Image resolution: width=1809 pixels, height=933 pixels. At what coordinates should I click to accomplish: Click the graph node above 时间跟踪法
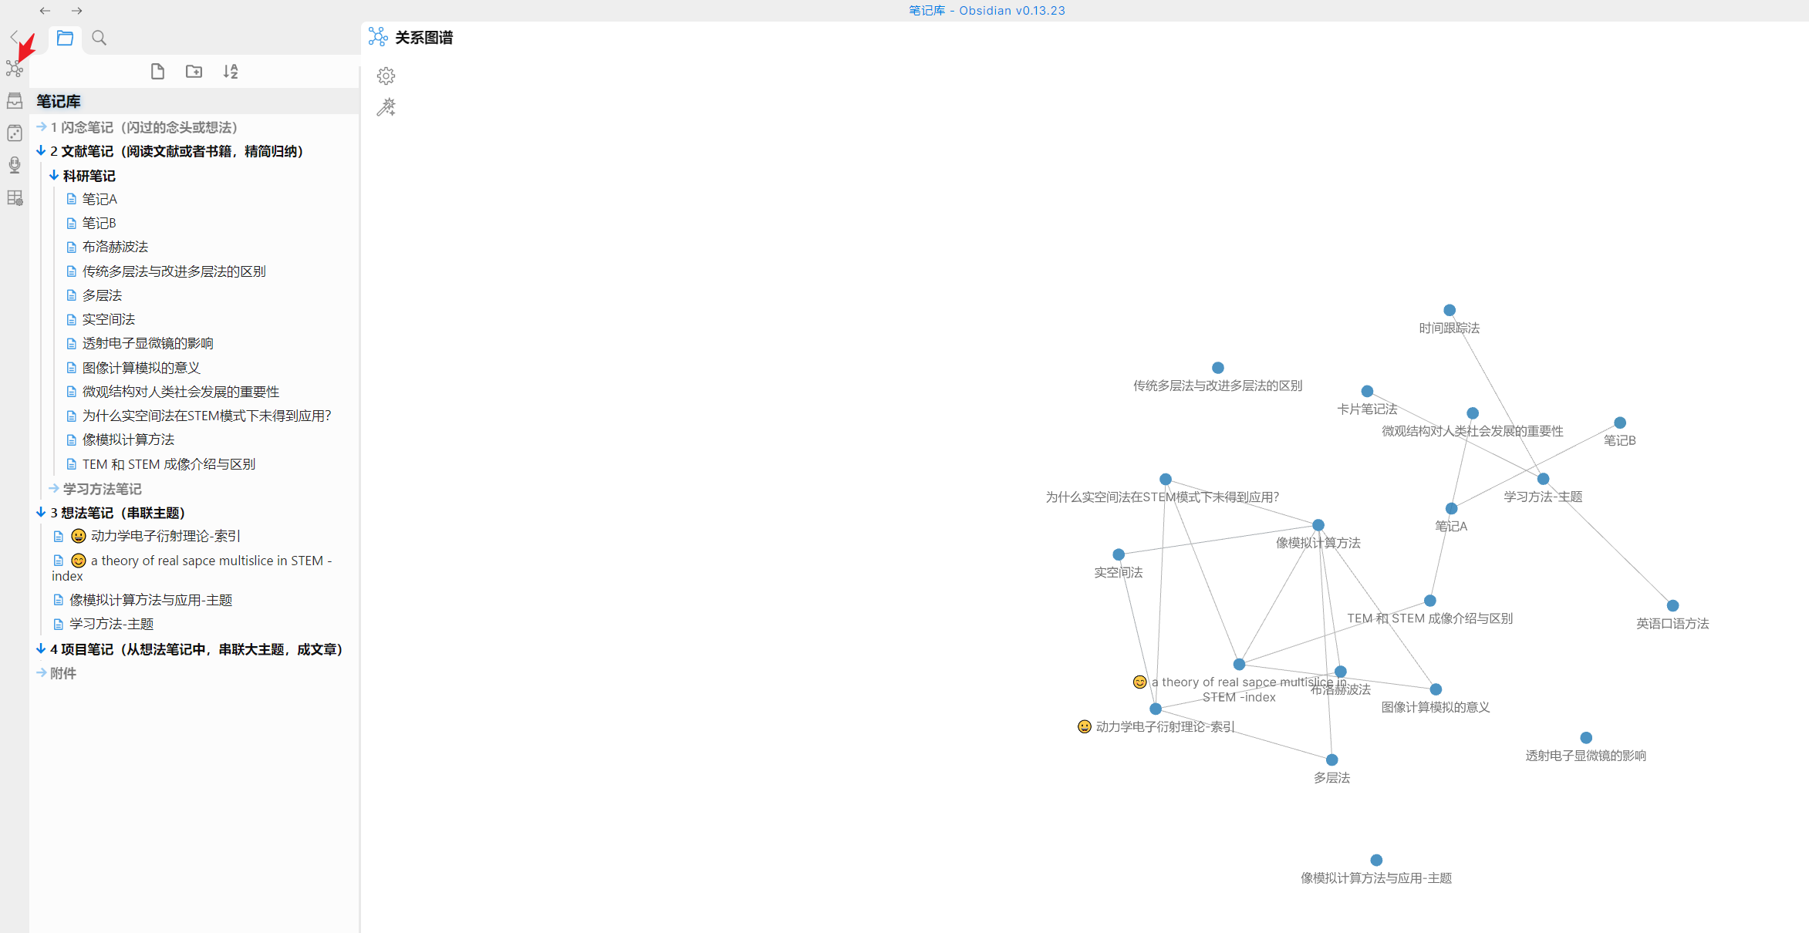[1450, 310]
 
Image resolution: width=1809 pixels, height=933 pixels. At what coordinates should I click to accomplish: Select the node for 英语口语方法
[1672, 606]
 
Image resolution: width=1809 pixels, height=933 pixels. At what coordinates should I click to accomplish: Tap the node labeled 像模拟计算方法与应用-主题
[1376, 860]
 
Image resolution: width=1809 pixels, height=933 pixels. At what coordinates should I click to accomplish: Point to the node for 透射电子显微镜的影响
[1586, 738]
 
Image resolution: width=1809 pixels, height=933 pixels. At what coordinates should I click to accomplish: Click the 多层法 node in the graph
[1331, 760]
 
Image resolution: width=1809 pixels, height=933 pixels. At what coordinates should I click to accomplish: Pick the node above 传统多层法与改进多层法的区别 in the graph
[1217, 368]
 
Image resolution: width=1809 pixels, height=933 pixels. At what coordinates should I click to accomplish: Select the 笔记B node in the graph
[1620, 423]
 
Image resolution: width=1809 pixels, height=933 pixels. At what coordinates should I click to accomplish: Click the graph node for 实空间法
[1119, 554]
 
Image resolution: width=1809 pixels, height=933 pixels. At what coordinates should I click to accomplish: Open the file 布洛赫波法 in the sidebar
[115, 247]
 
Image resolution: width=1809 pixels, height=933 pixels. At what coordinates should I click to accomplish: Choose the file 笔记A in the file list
[100, 199]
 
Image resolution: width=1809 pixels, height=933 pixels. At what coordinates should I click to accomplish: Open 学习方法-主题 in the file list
[111, 624]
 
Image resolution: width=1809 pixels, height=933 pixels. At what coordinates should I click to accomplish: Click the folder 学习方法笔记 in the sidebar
[102, 489]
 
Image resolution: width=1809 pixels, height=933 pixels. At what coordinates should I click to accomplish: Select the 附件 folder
[63, 673]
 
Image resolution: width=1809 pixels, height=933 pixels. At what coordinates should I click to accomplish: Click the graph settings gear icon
[386, 76]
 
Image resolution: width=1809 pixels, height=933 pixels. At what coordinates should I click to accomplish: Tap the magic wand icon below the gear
[386, 107]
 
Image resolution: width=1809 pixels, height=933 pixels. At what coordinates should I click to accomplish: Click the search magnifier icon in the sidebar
[99, 38]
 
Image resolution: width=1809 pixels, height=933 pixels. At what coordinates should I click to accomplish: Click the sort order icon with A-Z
[231, 72]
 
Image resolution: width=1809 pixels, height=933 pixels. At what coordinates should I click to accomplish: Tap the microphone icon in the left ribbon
[15, 165]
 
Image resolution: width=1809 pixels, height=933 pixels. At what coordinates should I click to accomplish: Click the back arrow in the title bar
[45, 11]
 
